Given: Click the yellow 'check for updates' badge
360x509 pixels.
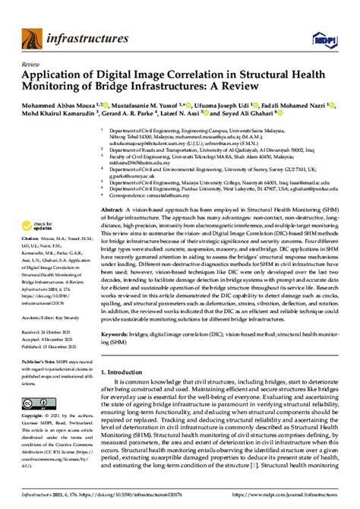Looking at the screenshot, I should click(42, 227).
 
